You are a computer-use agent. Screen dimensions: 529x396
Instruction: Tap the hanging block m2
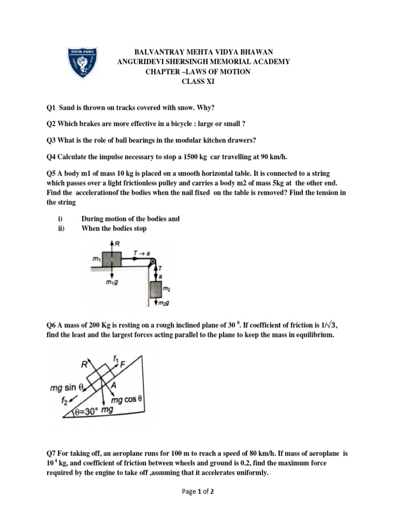tap(155, 290)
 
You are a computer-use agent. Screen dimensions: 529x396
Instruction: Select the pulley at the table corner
tap(153, 263)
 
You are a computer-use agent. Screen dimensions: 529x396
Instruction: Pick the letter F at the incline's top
tap(122, 363)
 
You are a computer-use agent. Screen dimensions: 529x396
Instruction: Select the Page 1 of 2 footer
tap(197, 492)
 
